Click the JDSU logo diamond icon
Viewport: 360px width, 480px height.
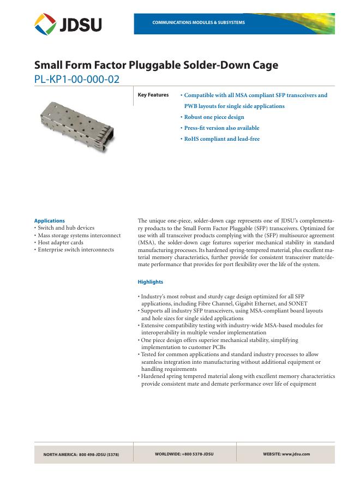point(45,24)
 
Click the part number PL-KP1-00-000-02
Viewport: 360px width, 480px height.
point(76,79)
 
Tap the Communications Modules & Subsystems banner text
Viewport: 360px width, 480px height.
point(199,22)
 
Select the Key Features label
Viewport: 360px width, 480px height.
point(153,95)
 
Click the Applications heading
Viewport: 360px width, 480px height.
point(49,221)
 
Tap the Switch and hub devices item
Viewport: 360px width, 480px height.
point(65,228)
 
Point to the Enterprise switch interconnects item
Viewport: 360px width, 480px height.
point(75,249)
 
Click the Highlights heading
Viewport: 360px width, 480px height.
point(151,282)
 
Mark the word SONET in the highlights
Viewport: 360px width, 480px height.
point(297,303)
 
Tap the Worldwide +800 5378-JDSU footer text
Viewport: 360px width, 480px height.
point(184,454)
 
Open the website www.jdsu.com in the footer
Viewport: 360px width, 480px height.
point(286,454)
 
